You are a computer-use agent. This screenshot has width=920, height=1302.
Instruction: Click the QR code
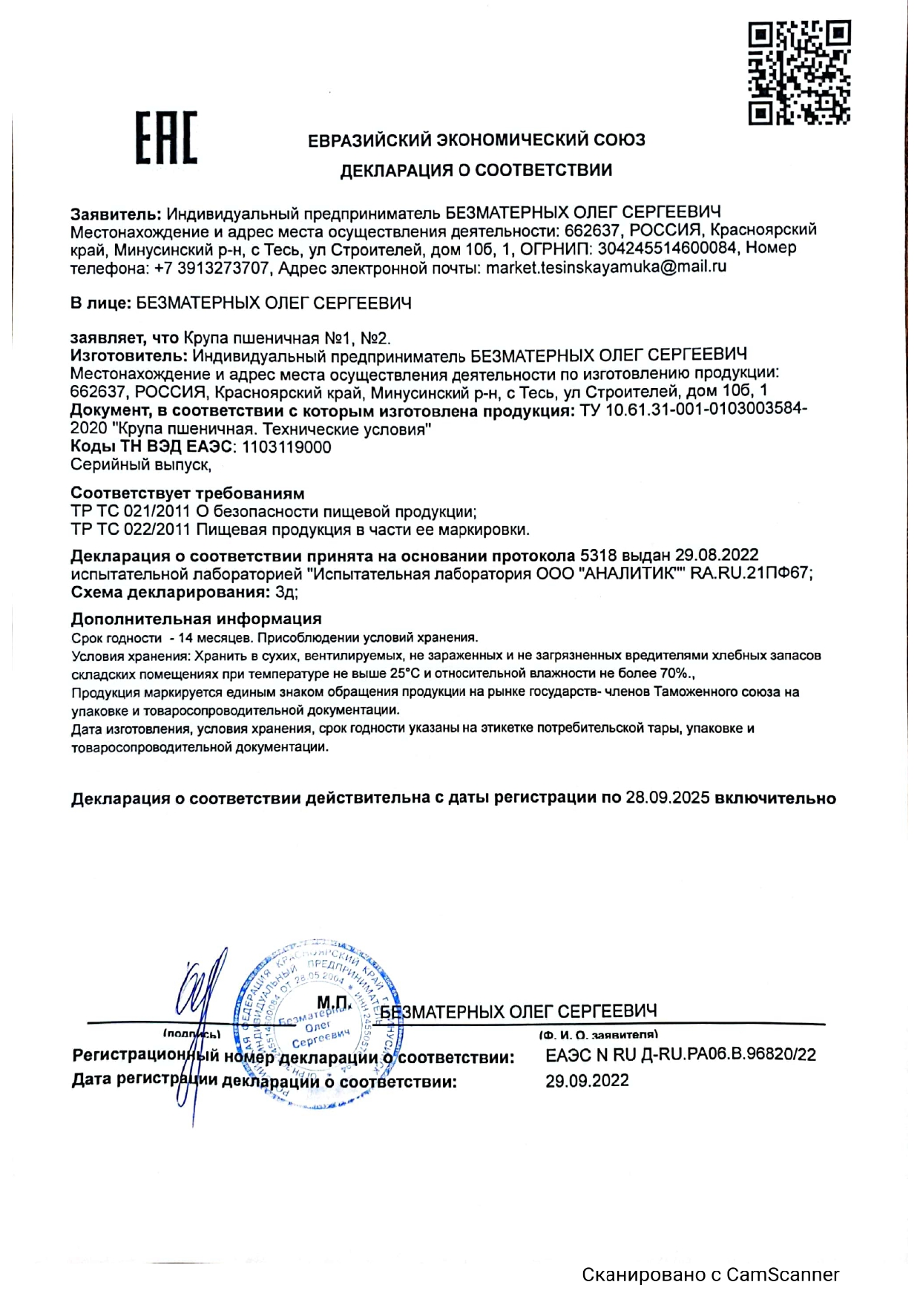(799, 72)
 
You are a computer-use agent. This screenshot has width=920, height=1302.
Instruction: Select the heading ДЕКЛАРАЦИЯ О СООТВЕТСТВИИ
(476, 171)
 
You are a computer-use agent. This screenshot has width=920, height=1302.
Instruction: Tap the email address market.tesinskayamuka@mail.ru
(605, 266)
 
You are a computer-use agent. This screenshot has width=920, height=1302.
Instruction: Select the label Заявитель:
(116, 214)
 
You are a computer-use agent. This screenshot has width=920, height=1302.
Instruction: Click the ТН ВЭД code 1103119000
(286, 447)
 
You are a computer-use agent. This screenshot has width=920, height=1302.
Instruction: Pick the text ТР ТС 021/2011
(131, 512)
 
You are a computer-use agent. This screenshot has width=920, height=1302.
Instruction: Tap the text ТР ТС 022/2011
(131, 530)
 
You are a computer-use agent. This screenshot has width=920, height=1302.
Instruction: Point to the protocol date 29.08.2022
(716, 556)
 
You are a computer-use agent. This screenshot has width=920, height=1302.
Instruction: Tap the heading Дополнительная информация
(196, 619)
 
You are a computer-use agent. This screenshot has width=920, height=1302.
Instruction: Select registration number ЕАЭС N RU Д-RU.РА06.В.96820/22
(680, 1055)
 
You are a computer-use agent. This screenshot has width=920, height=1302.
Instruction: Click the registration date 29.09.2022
(587, 1081)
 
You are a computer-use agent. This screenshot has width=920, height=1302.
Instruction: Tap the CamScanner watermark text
(710, 1275)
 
